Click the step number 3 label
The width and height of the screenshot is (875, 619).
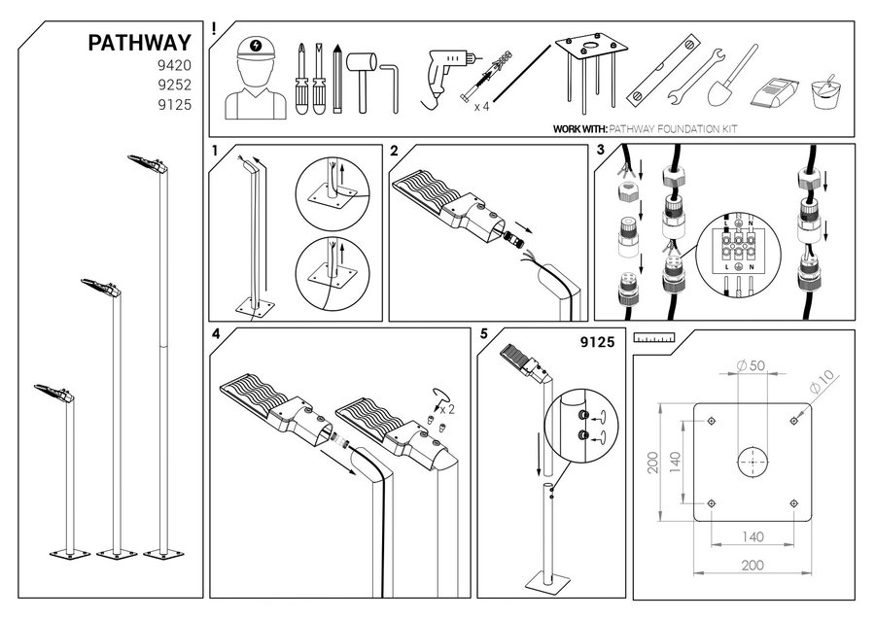click(x=600, y=151)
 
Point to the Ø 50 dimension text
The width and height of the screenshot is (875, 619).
click(x=750, y=366)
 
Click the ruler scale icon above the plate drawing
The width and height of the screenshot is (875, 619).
click(x=653, y=339)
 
